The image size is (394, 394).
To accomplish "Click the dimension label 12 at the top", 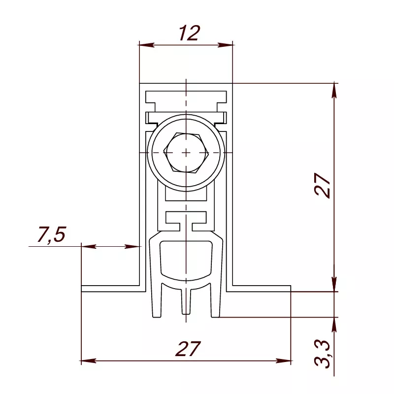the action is pos(190,33).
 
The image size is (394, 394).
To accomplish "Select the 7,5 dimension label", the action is pos(52,235).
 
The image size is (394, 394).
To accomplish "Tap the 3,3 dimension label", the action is pos(322,354).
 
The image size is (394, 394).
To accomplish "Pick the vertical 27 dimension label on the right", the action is pos(322,185).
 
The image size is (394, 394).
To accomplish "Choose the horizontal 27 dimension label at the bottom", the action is pos(188,349).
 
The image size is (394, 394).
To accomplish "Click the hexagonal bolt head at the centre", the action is pos(186,153).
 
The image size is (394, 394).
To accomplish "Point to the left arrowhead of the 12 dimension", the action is pos(146,45).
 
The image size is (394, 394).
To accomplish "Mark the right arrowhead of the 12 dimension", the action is pos(226,45).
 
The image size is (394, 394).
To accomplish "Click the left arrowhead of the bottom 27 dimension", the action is pos(89,361).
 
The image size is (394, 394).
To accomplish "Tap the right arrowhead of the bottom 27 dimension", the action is pos(284,361).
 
